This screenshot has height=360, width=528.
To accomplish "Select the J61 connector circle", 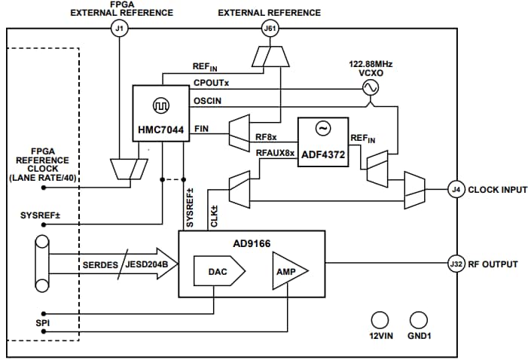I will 269,29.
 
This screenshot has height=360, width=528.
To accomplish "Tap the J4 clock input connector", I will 454,189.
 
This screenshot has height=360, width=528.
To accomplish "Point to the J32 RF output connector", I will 454,264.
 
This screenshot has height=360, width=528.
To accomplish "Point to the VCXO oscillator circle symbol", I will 370,88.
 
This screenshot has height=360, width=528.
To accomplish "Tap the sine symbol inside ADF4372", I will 322,129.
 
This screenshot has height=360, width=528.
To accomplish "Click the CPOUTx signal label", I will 211,84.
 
